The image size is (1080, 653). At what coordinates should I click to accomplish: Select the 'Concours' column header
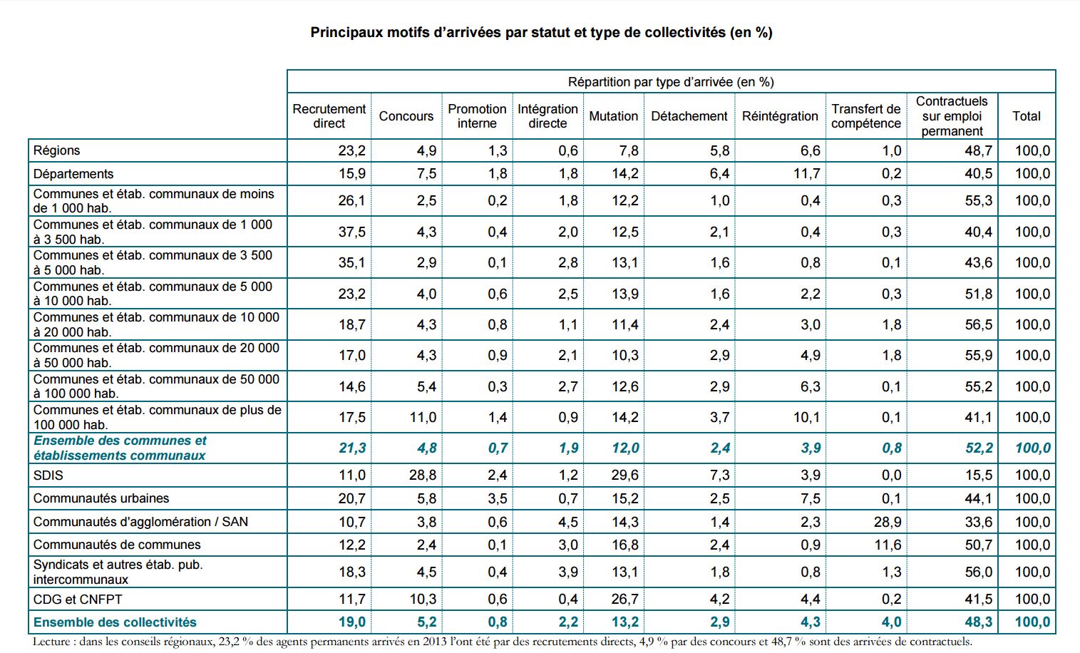(406, 116)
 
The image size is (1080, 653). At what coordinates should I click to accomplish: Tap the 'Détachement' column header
(689, 116)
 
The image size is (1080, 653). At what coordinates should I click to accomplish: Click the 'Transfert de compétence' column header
(865, 116)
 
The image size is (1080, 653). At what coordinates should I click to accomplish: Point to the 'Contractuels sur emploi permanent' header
(952, 116)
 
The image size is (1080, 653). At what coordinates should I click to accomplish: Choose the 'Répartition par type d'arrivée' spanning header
(670, 82)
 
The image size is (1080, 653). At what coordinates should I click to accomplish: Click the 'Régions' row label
(57, 150)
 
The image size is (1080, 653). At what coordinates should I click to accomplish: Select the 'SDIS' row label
(48, 475)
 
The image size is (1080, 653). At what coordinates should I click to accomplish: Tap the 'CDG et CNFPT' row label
(78, 600)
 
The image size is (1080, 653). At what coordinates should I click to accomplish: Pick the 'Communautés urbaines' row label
(101, 498)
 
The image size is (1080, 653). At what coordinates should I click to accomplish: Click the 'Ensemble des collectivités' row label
(115, 622)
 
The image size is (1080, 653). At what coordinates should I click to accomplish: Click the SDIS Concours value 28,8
(423, 475)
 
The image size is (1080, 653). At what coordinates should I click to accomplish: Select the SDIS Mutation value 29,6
(625, 475)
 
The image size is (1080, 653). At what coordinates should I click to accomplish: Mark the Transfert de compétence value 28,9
(888, 522)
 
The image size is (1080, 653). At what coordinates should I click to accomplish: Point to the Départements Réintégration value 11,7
(807, 174)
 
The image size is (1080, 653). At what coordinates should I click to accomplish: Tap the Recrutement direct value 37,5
(352, 232)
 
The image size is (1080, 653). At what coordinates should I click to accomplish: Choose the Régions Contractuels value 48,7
(979, 150)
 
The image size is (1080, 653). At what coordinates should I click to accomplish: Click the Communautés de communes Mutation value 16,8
(625, 545)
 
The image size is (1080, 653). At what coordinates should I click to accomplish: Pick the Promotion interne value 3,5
(498, 498)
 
